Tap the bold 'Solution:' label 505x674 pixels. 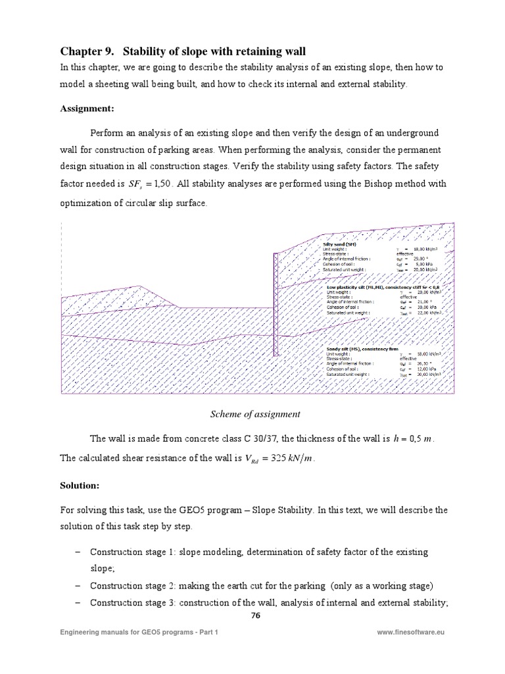pos(80,485)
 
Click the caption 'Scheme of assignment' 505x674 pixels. pos(254,414)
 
